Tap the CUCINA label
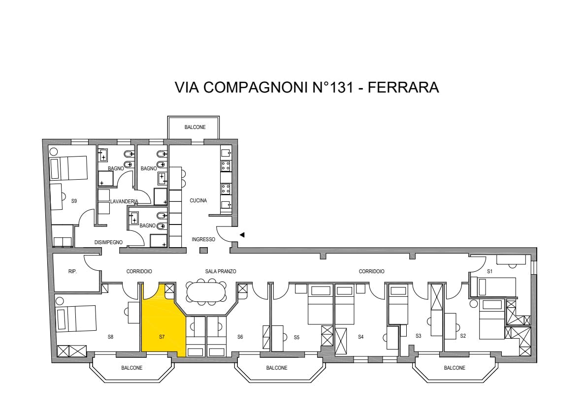click(198, 201)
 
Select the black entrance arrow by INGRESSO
click(242, 235)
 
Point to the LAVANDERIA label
click(124, 201)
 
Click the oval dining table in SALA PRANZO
click(206, 291)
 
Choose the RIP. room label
click(72, 272)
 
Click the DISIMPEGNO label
click(108, 243)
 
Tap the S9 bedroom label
click(74, 201)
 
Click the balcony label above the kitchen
click(195, 127)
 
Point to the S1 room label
click(489, 272)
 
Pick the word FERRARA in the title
click(403, 88)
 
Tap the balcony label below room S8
click(132, 368)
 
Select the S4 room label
click(360, 337)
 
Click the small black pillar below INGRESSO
click(203, 251)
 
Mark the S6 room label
click(240, 337)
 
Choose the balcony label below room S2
click(455, 368)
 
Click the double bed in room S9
click(69, 168)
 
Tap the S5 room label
click(296, 337)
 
